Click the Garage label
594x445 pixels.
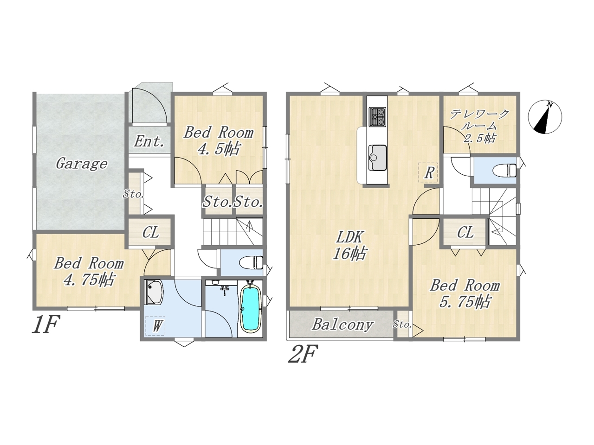(x=82, y=164)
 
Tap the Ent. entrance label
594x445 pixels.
(x=149, y=141)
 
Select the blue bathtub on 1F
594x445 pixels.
(x=250, y=309)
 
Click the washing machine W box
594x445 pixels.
(x=155, y=325)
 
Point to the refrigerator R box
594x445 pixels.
(x=428, y=172)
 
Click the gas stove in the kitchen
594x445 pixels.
(x=377, y=117)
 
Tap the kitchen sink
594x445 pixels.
(x=377, y=158)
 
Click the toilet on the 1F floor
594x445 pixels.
(x=251, y=262)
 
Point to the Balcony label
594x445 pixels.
(x=342, y=324)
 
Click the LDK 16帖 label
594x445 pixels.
(x=349, y=245)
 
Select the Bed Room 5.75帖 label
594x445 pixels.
(x=465, y=294)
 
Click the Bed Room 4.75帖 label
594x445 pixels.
(x=89, y=272)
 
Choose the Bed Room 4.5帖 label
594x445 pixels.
(x=219, y=141)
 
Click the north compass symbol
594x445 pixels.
(x=545, y=117)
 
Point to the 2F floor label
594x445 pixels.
(x=302, y=354)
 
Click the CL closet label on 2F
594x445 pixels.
(x=465, y=232)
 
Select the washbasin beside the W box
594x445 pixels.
(x=154, y=292)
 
